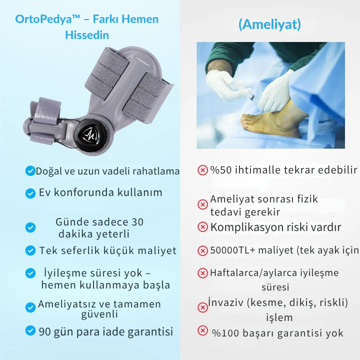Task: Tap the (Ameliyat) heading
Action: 269,24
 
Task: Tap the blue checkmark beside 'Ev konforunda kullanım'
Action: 30,192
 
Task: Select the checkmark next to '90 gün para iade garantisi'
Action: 30,331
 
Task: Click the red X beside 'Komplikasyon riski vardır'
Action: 202,227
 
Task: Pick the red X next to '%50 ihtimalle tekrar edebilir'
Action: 202,170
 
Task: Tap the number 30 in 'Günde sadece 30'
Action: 137,222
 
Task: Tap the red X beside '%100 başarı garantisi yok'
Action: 202,330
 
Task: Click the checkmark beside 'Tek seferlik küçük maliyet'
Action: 30,250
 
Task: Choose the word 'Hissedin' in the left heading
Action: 86,36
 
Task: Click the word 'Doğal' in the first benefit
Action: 49,171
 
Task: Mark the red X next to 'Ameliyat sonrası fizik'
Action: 202,204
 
